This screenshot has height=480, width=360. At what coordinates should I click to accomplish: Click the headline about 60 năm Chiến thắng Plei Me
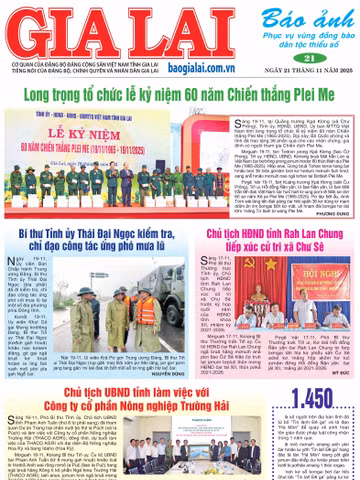coord(180,93)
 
